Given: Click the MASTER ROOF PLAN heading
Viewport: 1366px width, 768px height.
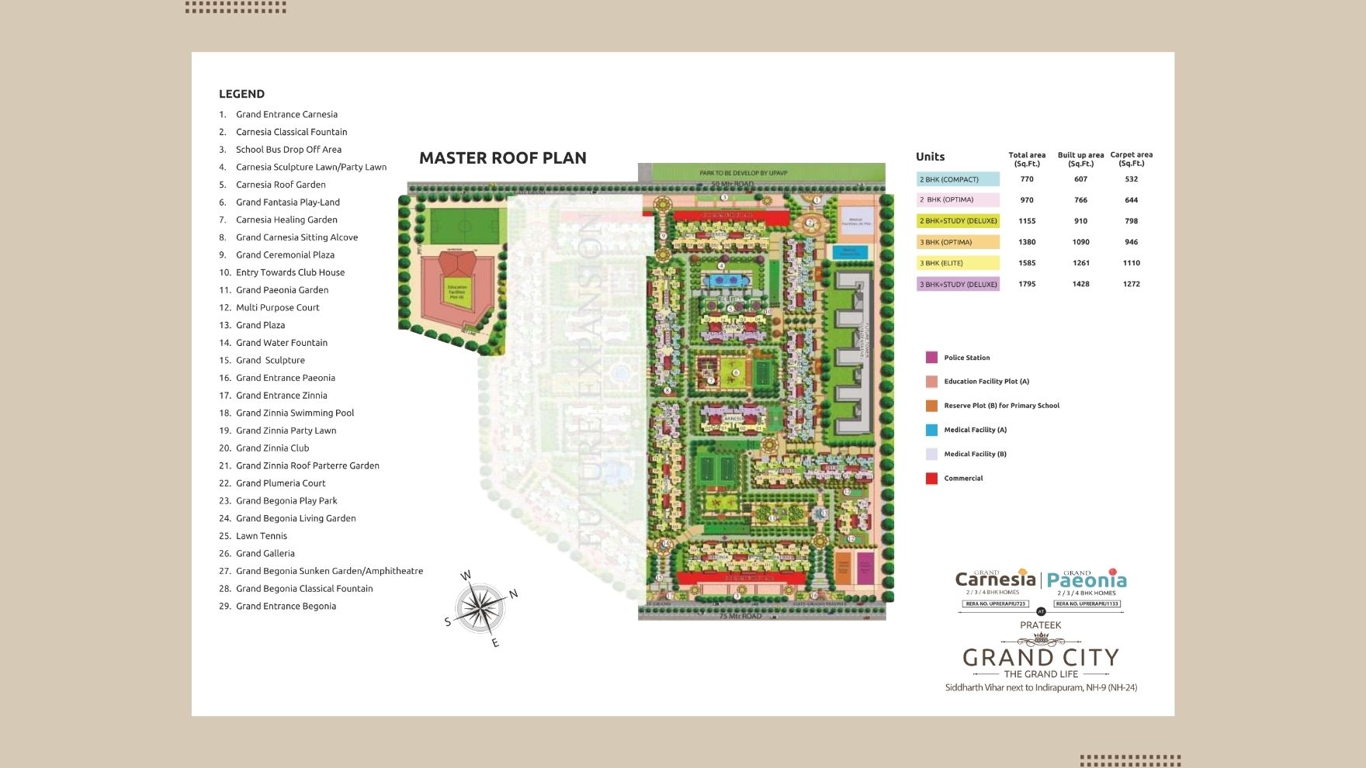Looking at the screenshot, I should (x=502, y=158).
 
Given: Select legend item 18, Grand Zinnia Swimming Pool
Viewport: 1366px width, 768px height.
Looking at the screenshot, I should (x=295, y=413).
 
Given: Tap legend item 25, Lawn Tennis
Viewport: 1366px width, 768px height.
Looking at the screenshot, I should (x=262, y=536).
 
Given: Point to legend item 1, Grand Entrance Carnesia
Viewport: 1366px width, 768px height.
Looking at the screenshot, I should (x=286, y=114).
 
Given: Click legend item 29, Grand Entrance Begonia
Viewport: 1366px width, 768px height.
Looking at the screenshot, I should (x=286, y=606).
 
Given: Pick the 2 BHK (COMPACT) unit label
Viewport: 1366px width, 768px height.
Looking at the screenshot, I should (x=958, y=179).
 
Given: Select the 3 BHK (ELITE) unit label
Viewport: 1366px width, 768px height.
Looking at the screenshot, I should (x=958, y=263).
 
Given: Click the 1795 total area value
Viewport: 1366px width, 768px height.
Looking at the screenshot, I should (x=1027, y=284).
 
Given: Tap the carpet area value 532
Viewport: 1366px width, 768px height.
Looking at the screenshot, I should (x=1131, y=179).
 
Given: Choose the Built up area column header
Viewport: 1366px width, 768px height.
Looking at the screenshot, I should (x=1080, y=159).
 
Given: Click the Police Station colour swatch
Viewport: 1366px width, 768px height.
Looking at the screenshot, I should (x=931, y=358).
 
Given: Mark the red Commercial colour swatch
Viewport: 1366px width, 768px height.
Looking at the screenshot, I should (x=931, y=479).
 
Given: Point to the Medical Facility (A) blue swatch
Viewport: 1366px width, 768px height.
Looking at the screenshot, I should (x=931, y=430).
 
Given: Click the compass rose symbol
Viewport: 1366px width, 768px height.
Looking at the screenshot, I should (x=480, y=609).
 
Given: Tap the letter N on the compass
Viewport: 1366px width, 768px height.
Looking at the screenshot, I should (x=513, y=594).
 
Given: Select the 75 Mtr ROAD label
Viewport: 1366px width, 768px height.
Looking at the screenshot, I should (x=740, y=616).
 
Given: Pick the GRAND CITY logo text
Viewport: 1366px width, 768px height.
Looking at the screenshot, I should (x=1040, y=658).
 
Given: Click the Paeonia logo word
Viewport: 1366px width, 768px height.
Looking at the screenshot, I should (x=1087, y=580).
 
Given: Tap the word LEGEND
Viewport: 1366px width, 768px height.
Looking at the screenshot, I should (x=241, y=94).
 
